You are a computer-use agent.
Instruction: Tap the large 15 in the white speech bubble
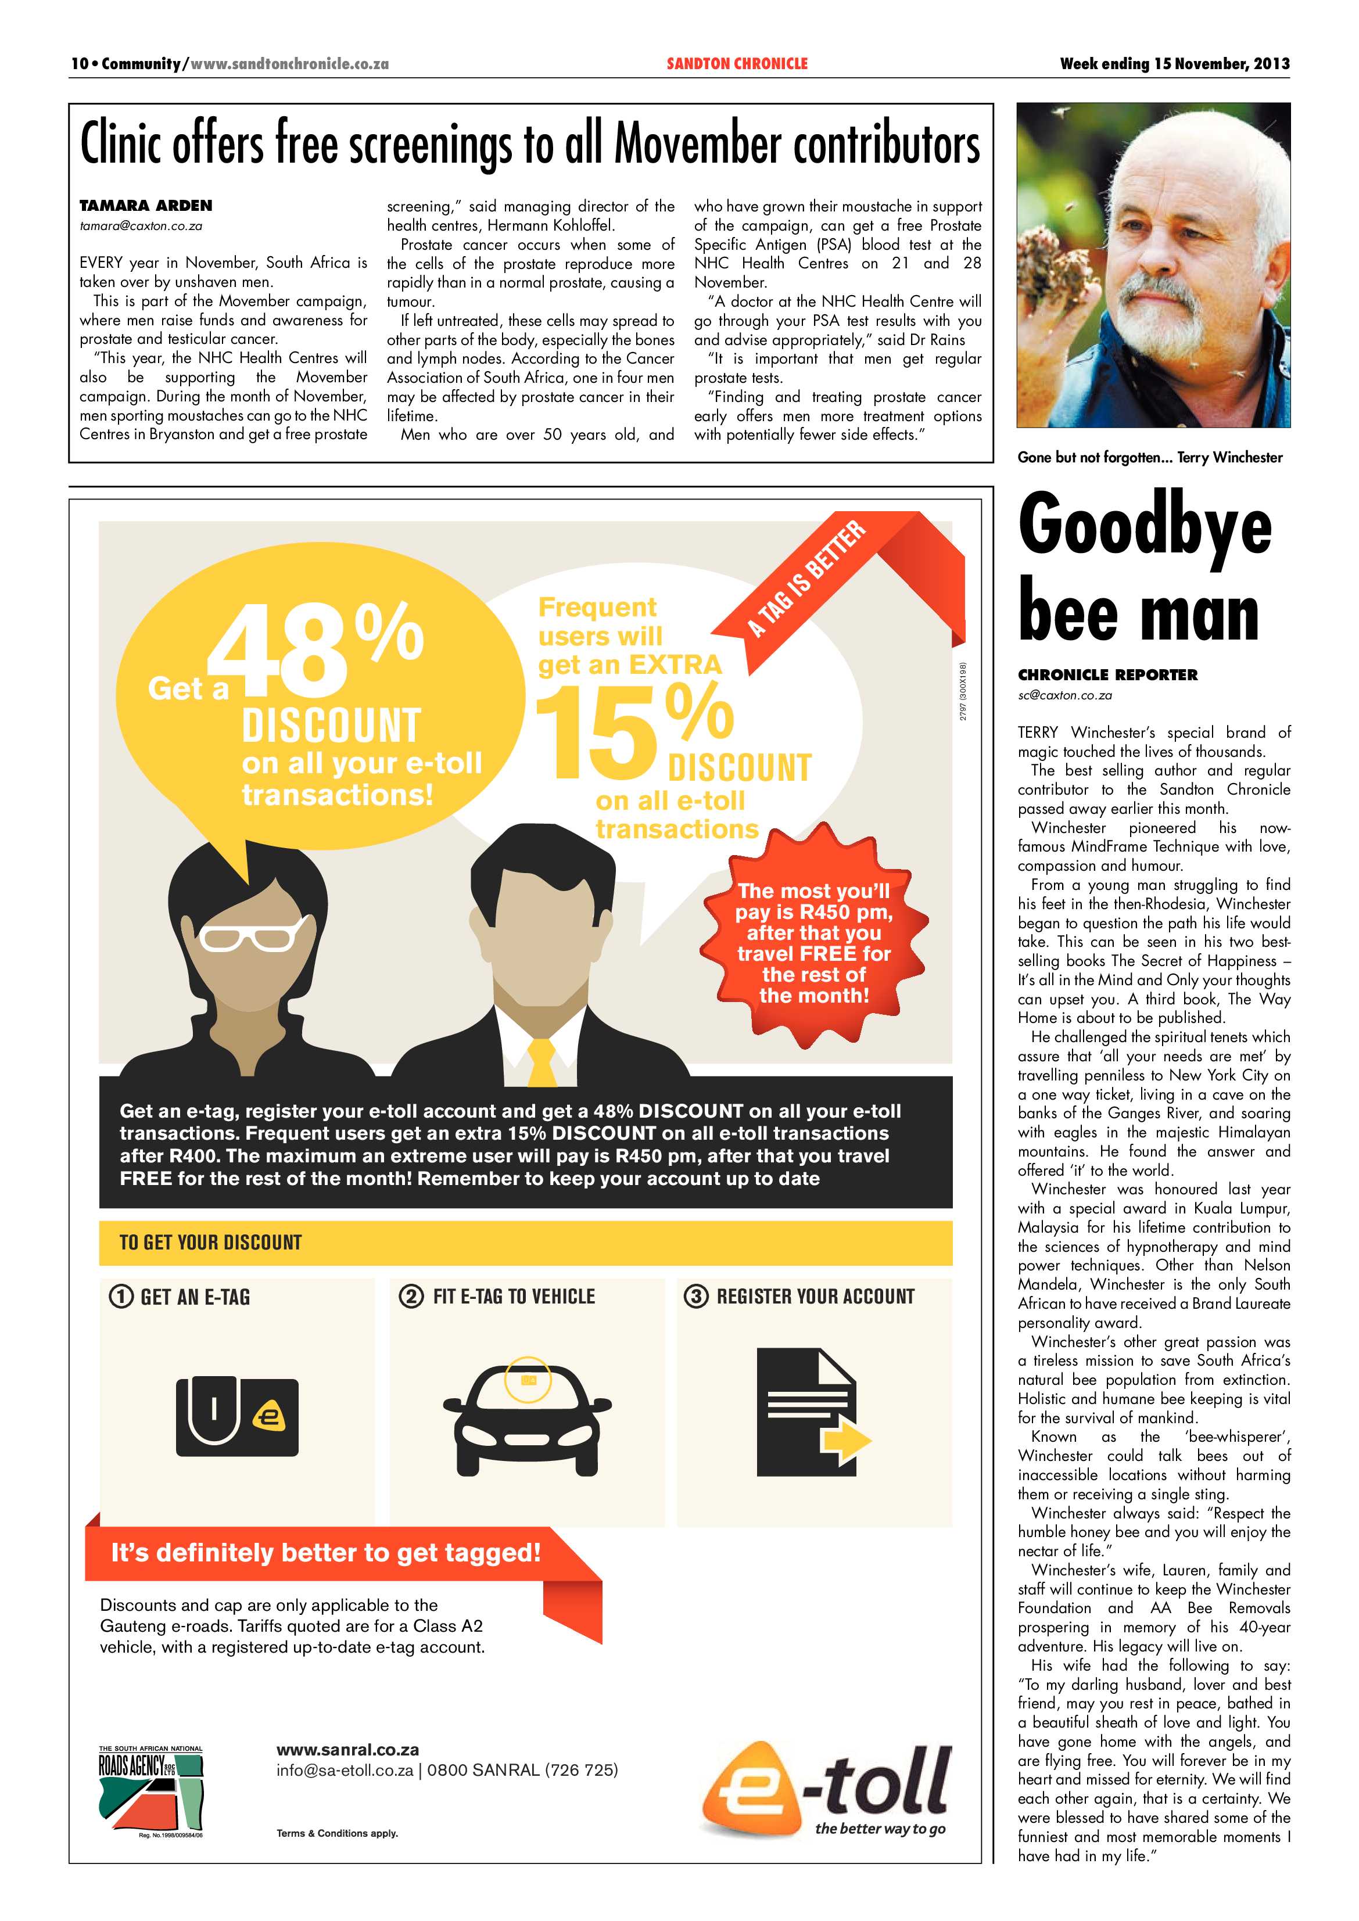596,732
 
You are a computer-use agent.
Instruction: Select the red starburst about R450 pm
813,942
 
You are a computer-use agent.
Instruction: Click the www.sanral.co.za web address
347,1750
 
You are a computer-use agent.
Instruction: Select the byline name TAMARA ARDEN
146,206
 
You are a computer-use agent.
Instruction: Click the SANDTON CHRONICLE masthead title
736,63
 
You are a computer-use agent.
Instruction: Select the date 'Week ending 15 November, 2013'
1174,63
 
